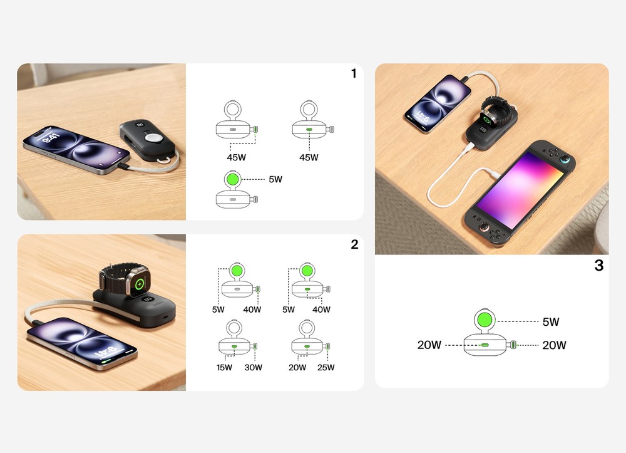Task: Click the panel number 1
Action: point(354,73)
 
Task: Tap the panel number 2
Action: point(354,244)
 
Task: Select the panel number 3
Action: point(599,265)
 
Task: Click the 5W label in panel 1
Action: point(275,179)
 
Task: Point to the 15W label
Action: point(224,368)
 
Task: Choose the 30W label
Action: point(253,368)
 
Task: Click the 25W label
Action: point(326,368)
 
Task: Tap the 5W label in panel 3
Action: point(551,322)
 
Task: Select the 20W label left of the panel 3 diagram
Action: point(429,345)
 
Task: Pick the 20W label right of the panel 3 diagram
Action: point(554,345)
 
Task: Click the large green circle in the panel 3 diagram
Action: point(485,320)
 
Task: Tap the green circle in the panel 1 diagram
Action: point(233,179)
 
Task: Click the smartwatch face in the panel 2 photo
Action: point(140,284)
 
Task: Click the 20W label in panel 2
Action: point(297,368)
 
